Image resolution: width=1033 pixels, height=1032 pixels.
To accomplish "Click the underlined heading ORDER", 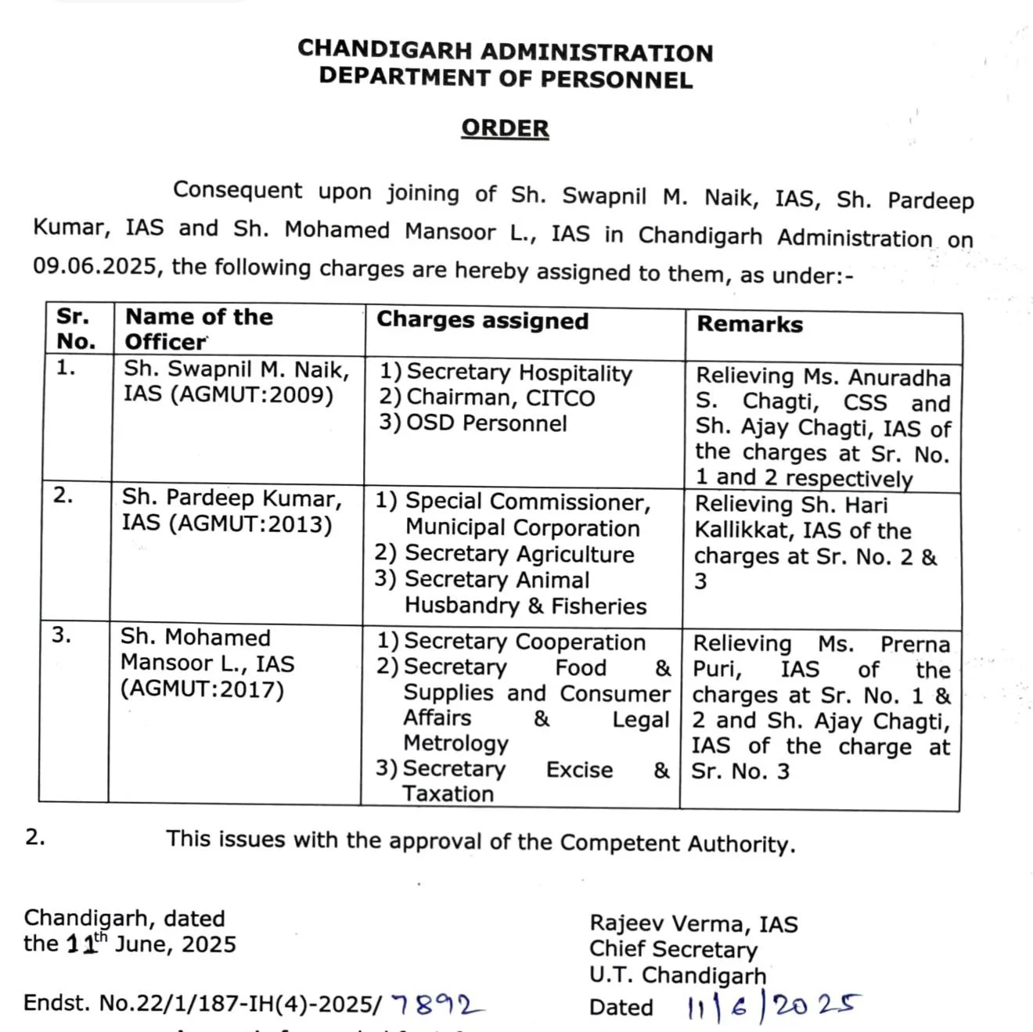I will coord(505,128).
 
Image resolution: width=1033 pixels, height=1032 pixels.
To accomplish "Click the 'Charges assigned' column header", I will coord(482,321).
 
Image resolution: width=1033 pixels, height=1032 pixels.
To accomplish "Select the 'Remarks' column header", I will coord(750,324).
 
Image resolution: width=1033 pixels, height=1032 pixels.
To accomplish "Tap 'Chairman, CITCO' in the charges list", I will coord(500,397).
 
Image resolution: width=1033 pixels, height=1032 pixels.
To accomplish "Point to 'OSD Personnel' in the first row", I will coord(486,423).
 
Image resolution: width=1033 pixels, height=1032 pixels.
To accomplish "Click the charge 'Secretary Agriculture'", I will coord(519,554).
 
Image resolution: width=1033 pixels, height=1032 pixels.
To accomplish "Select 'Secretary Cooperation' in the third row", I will coord(524,642).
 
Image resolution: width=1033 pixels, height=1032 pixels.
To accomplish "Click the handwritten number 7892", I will coord(437,1004).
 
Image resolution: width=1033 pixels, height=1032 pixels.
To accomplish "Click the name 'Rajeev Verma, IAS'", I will coord(693,924).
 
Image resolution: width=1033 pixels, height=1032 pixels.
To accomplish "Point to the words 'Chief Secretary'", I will coord(673,949).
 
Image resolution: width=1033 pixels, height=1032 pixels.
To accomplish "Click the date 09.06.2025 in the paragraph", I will coord(96,266).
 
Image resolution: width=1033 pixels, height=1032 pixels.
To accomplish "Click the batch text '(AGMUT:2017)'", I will coord(202,689).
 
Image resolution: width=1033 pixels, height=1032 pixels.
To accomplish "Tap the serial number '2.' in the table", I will coord(63,496).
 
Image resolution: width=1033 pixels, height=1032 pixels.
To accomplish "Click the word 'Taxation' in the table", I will coord(448,793).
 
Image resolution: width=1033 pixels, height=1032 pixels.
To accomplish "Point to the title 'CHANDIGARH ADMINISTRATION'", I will coord(505,51).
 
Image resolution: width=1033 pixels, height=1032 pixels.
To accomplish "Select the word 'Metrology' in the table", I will coord(455,743).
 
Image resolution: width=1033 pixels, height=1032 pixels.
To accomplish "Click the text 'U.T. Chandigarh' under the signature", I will coord(678,976).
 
